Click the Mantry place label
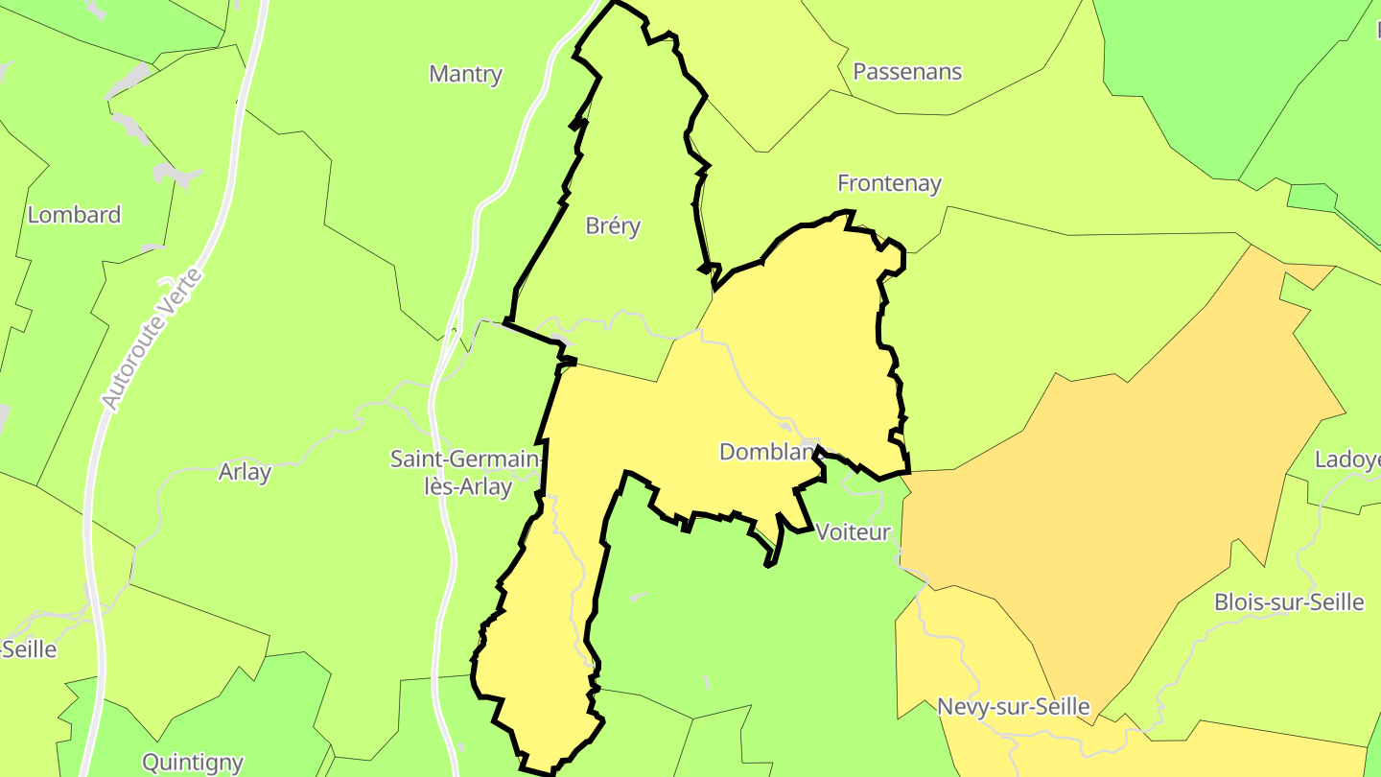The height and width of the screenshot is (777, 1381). [465, 74]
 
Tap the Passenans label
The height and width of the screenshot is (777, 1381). [906, 72]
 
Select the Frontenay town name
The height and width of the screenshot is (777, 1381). [889, 183]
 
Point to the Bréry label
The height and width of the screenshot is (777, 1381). [613, 226]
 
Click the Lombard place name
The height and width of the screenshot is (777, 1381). [74, 215]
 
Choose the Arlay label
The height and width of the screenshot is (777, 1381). [245, 472]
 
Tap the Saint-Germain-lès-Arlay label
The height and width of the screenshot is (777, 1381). [466, 472]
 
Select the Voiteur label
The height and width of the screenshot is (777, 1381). [853, 532]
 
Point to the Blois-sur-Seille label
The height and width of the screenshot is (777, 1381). [1288, 602]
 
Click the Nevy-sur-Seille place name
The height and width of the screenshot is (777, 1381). [1013, 708]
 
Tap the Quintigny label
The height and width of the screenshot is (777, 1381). [192, 763]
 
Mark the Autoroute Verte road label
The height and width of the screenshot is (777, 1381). [153, 341]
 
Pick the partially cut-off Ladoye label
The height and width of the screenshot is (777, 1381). [1346, 459]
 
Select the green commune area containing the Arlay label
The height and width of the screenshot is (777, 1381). [288, 537]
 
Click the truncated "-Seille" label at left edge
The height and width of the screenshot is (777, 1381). [29, 649]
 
